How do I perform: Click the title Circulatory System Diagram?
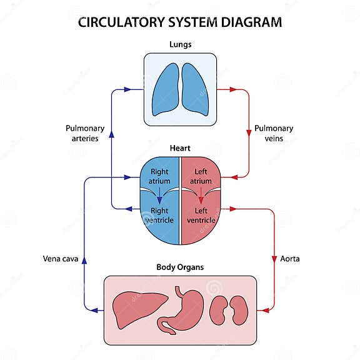(179, 22)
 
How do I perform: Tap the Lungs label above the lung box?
(180, 45)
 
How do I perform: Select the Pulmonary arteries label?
(82, 133)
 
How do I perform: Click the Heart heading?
(180, 149)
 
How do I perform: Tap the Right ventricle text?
(159, 216)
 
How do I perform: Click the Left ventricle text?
(201, 216)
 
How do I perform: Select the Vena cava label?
(61, 258)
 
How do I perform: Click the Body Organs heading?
(180, 267)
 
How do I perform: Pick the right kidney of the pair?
(239, 310)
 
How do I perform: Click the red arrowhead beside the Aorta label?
(274, 257)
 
